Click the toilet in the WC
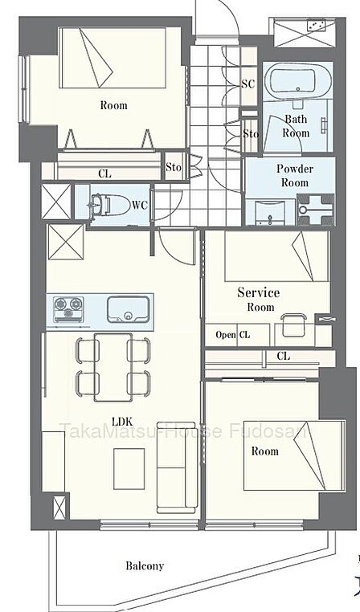click(111, 205)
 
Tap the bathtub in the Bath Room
click(297, 81)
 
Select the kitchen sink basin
click(128, 309)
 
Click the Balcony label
click(145, 565)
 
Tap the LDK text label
click(122, 422)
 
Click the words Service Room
click(259, 299)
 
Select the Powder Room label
click(295, 176)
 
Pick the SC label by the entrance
click(247, 84)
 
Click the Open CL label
click(233, 335)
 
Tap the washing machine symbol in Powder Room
click(316, 210)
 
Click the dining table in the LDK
click(113, 367)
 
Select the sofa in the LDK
click(177, 467)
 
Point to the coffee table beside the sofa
click(129, 469)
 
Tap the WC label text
click(139, 205)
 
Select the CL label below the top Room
click(104, 174)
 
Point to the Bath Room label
click(296, 125)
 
